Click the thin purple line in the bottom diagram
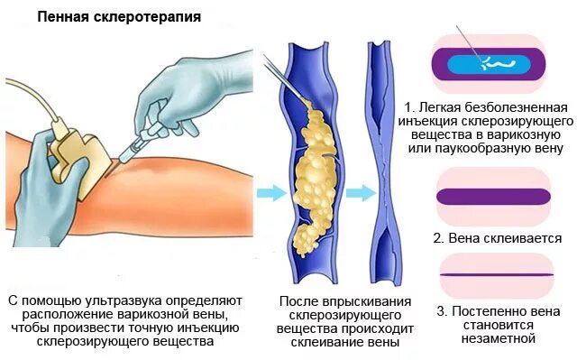tap(492, 274)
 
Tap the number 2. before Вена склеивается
tap(439, 238)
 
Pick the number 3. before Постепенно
tap(442, 311)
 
